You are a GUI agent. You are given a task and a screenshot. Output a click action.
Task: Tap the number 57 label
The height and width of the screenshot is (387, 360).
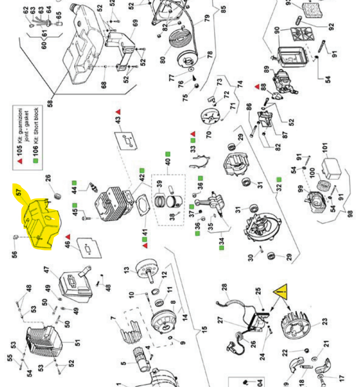point(18,193)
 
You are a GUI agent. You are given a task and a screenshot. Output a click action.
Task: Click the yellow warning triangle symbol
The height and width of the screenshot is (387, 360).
point(281,291)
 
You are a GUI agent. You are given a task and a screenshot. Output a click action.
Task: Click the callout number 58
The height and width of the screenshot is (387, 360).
point(51,103)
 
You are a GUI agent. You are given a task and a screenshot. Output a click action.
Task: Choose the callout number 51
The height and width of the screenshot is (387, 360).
point(78,343)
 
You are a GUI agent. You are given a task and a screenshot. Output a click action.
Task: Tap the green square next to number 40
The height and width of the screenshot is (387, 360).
point(168,154)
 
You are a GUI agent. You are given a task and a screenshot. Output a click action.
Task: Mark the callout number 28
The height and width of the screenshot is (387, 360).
point(224,288)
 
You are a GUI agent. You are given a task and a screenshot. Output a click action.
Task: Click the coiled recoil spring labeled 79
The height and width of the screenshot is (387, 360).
point(181,39)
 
